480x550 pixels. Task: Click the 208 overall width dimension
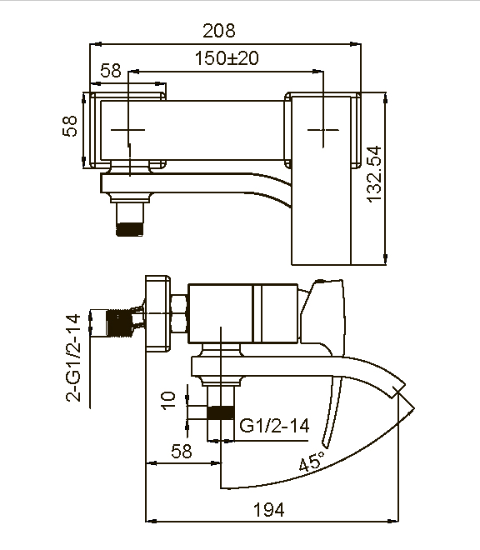click(219, 31)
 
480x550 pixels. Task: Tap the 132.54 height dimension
click(374, 176)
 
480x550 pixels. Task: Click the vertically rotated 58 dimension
click(71, 126)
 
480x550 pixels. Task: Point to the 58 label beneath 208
click(111, 71)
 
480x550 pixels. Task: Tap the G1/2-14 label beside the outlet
click(274, 426)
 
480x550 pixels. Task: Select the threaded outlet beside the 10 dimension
click(219, 412)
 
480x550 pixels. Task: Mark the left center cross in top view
click(129, 131)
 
